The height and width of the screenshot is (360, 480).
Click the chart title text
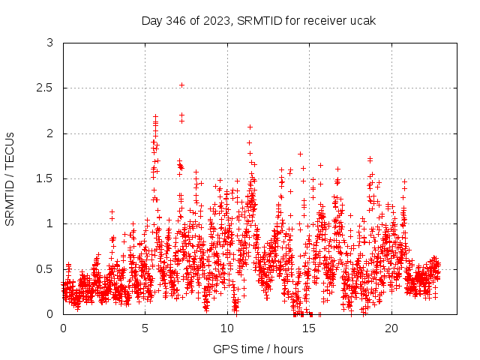(x=258, y=20)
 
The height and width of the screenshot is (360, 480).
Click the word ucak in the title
(x=362, y=20)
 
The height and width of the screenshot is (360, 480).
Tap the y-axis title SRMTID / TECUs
(x=10, y=178)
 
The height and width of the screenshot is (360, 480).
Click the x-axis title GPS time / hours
(x=258, y=349)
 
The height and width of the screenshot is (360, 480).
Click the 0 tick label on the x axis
(x=63, y=328)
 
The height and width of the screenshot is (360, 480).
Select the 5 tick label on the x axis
(x=145, y=328)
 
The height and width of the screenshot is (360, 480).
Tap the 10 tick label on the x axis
(x=227, y=328)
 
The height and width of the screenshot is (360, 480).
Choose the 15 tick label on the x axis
(x=310, y=328)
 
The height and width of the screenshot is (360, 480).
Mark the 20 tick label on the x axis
(x=391, y=328)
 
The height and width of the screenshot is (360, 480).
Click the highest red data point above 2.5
(x=181, y=85)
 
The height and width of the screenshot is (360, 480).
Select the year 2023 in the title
(x=215, y=20)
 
